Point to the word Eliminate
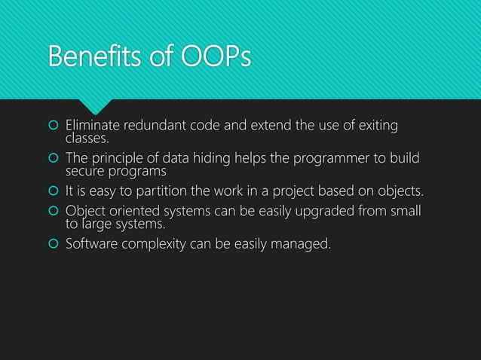click(x=95, y=125)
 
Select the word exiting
click(x=377, y=125)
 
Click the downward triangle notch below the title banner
click(x=99, y=107)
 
